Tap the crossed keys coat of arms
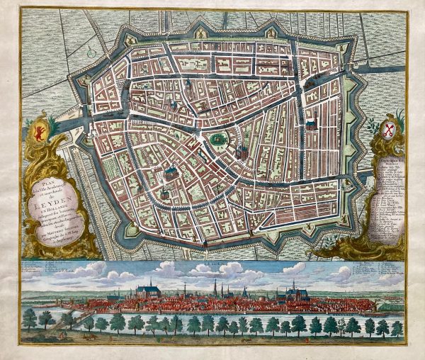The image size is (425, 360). (x=387, y=130)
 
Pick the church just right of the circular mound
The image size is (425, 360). (x=241, y=151)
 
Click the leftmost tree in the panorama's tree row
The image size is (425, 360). (x=29, y=320)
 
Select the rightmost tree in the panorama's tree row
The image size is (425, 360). (x=397, y=327)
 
